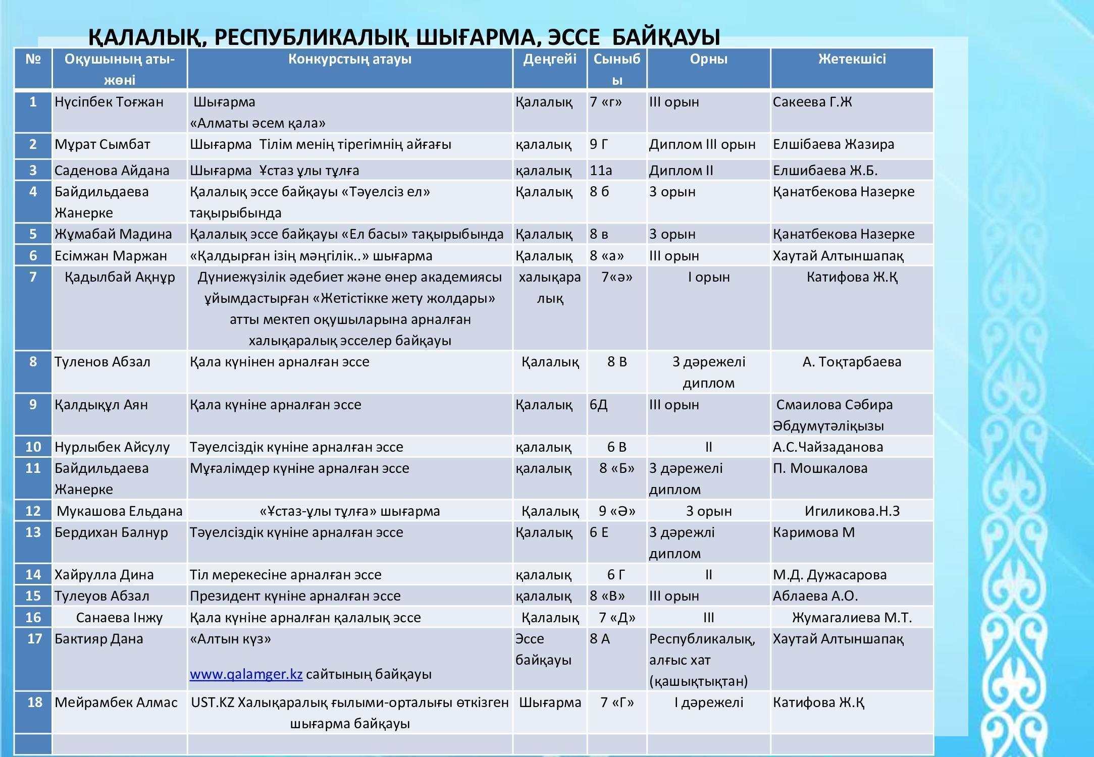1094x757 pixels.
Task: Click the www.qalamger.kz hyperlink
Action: coord(246,674)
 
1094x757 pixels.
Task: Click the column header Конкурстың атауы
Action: coord(349,59)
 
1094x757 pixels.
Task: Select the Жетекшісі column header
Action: coord(852,59)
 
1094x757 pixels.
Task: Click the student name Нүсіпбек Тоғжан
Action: coord(109,102)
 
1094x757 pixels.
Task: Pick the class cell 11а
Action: coord(601,171)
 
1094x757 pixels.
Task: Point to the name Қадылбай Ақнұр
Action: coord(120,277)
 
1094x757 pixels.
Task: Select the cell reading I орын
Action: coord(708,277)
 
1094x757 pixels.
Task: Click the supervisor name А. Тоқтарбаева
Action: coord(852,362)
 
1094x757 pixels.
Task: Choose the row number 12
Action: coord(33,511)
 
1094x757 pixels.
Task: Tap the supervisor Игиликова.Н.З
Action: coord(852,511)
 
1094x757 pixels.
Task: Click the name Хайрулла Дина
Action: coord(104,575)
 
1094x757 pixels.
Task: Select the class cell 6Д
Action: coord(599,405)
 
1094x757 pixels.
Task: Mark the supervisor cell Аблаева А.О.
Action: coord(815,596)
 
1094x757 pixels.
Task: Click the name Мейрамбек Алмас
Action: coord(116,702)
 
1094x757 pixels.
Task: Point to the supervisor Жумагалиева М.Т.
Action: coord(852,618)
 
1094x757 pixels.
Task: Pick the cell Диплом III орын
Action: coord(702,144)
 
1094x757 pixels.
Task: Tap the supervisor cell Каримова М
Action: coord(814,532)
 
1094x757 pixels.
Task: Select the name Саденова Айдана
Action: coord(112,171)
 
